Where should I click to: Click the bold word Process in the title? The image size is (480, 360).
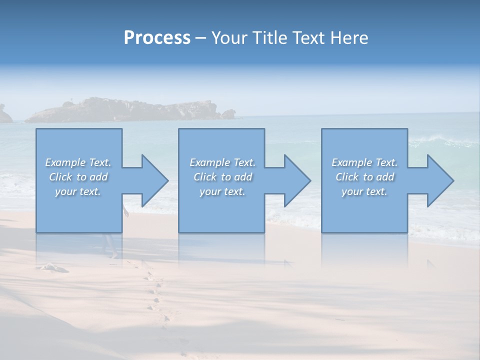(157, 38)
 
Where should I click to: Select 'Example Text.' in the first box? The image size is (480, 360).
(78, 162)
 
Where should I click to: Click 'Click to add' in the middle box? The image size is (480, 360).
(222, 177)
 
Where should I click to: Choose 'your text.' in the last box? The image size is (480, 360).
(364, 191)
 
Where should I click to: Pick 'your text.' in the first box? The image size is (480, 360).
(78, 191)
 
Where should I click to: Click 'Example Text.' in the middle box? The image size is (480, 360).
(222, 162)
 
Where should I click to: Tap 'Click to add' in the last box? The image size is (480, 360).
(364, 177)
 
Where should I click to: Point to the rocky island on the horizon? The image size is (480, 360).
(125, 110)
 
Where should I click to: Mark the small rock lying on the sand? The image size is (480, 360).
(54, 267)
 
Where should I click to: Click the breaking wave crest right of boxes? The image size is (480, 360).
(440, 142)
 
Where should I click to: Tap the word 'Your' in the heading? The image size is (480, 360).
(228, 38)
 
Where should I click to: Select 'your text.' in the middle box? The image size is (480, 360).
(222, 191)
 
